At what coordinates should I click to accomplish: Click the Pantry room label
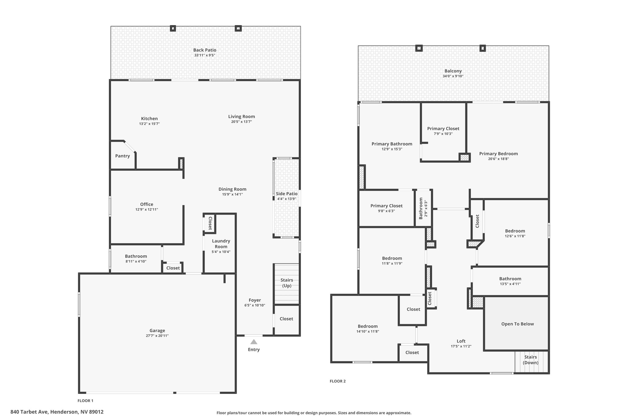[123, 156]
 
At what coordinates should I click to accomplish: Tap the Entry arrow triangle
[254, 342]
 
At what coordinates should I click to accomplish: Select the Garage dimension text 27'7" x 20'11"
[157, 336]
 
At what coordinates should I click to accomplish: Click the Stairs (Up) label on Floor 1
[287, 283]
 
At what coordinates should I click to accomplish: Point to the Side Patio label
[287, 194]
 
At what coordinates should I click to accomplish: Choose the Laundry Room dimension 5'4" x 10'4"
[221, 252]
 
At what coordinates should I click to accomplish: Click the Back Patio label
[205, 50]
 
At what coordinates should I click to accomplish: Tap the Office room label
[147, 204]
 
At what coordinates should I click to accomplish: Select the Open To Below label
[518, 324]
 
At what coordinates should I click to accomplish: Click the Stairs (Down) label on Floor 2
[530, 360]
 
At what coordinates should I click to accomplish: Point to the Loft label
[461, 341]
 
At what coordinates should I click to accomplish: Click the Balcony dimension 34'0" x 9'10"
[453, 76]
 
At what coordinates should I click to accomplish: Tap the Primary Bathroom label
[392, 144]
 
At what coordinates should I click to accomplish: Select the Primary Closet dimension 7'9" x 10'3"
[443, 134]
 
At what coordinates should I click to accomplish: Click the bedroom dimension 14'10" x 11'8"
[368, 332]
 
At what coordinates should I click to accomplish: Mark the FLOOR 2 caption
[338, 381]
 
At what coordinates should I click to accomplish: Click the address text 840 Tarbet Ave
[30, 412]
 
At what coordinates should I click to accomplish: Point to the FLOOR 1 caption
[86, 401]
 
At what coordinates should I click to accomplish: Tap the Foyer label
[255, 300]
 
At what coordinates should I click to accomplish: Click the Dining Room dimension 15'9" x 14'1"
[232, 194]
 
